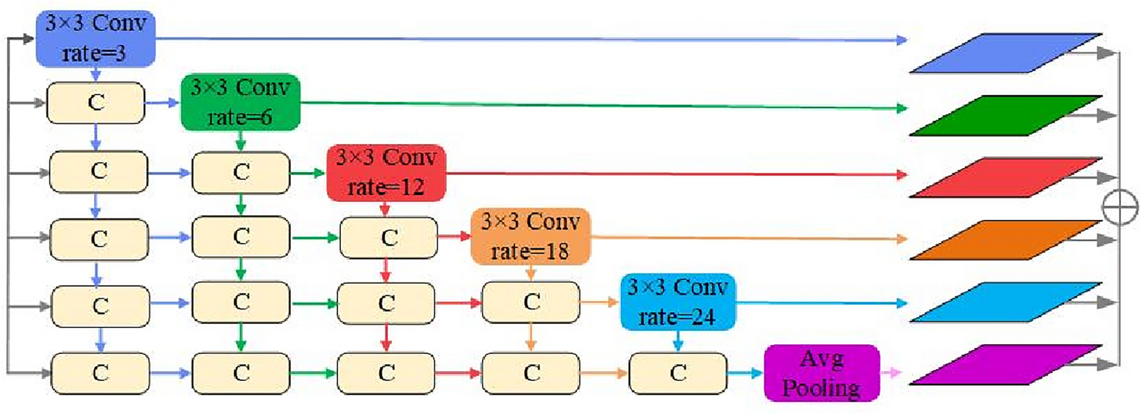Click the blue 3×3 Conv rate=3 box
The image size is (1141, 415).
96,39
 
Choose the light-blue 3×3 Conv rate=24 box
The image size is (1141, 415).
677,301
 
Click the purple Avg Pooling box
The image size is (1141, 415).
822,373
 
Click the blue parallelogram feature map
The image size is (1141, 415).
1005,53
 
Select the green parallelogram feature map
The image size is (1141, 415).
1005,116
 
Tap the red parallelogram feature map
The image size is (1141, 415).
1005,177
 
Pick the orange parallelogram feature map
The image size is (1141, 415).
1005,240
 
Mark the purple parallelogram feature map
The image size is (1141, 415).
1005,364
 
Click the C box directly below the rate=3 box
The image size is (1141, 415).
96,103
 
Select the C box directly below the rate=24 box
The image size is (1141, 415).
677,373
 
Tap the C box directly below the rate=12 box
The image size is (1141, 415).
389,238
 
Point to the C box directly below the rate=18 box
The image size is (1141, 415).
531,302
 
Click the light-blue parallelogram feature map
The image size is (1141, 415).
1005,302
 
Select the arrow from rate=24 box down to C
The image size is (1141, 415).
677,339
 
